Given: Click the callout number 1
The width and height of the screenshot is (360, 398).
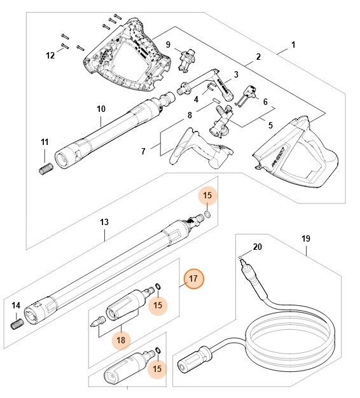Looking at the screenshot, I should (x=293, y=45).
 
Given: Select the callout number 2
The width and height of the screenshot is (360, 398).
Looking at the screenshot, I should (x=259, y=57).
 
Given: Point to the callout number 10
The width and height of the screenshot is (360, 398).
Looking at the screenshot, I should (x=101, y=109).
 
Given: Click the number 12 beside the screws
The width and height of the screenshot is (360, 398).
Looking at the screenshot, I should (x=51, y=55).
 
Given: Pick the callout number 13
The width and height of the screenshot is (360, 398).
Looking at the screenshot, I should (x=104, y=222).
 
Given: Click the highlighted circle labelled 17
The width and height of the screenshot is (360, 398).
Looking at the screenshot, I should (x=195, y=278).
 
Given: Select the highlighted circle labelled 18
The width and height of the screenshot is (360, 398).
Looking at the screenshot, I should (x=121, y=340).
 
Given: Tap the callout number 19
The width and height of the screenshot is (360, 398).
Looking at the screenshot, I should (x=306, y=238).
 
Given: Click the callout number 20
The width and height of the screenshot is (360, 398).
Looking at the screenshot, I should (x=257, y=247).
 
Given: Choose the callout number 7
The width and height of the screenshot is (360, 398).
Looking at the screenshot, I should (x=143, y=151).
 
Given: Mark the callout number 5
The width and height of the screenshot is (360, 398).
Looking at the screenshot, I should (x=270, y=125).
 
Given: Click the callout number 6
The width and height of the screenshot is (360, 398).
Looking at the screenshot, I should (x=265, y=102).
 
